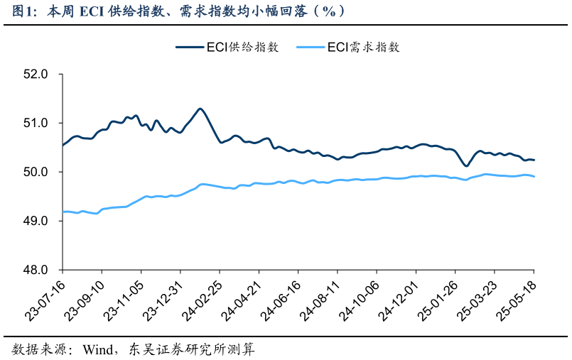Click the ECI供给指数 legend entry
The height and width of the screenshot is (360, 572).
(227, 47)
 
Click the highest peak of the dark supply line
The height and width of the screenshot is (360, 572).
(200, 109)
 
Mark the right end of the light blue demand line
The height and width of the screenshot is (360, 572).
(534, 176)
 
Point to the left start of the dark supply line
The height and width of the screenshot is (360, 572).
(63, 145)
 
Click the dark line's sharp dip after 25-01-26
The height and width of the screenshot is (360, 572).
(466, 166)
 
